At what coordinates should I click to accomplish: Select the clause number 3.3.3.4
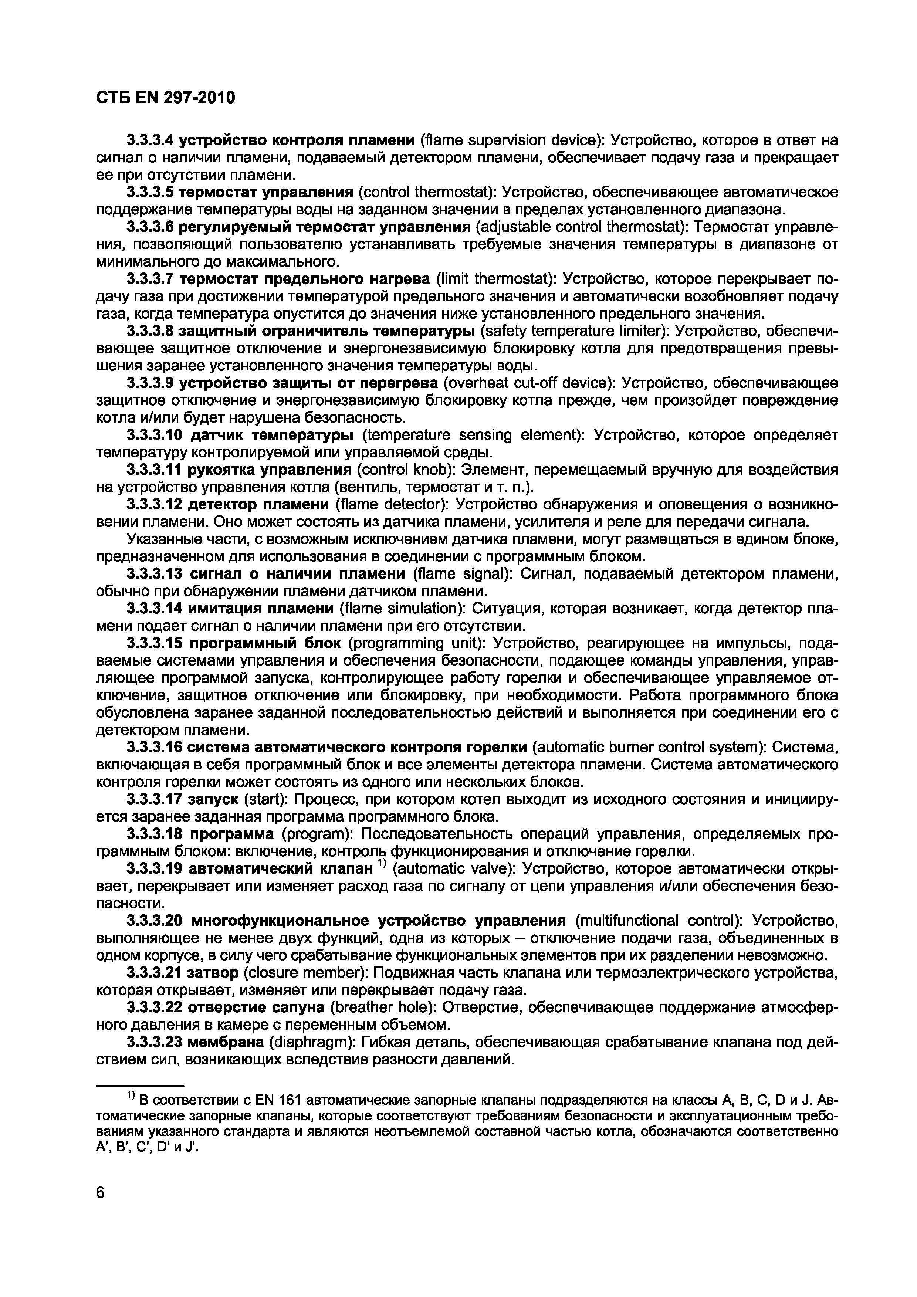tap(150, 140)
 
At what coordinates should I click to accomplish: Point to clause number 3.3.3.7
tap(150, 279)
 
